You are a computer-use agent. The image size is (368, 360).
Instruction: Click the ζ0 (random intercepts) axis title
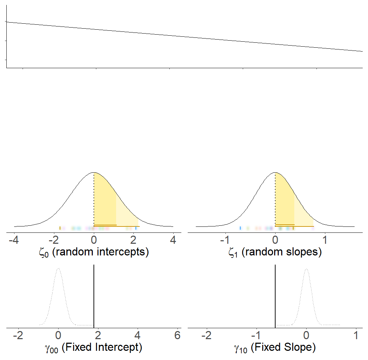point(94,252)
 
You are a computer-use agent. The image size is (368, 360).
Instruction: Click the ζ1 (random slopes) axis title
point(275,252)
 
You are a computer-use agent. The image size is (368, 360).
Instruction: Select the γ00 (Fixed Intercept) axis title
point(94,348)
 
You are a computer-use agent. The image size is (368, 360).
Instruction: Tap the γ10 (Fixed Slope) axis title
point(275,348)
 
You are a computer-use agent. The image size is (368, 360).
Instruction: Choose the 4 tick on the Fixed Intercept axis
point(138,335)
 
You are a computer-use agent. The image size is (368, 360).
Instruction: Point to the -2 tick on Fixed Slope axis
point(207,335)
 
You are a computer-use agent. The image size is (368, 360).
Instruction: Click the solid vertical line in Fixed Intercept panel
point(94,297)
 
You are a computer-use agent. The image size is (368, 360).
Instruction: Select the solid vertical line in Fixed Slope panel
point(275,297)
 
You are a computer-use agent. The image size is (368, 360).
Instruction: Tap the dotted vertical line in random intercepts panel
point(94,200)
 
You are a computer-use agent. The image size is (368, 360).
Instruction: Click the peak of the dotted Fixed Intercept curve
point(59,268)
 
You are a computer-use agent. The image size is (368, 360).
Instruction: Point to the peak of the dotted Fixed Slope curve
point(306,268)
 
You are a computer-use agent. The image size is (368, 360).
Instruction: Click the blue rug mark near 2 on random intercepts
point(136,228)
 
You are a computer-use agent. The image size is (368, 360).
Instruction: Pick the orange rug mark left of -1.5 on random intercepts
point(60,228)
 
